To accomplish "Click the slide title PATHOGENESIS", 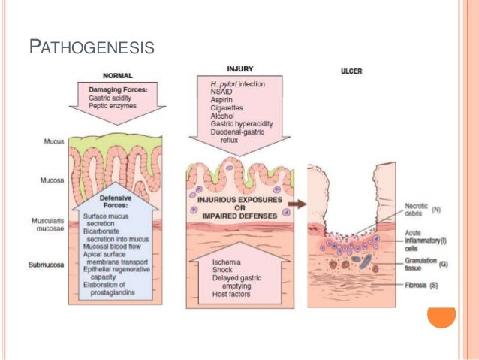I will coord(91,49).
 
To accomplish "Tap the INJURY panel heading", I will coord(239,68).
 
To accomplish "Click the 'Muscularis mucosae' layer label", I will coord(51,225).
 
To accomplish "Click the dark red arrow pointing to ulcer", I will coord(298,203).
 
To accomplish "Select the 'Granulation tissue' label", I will coord(423,262).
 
